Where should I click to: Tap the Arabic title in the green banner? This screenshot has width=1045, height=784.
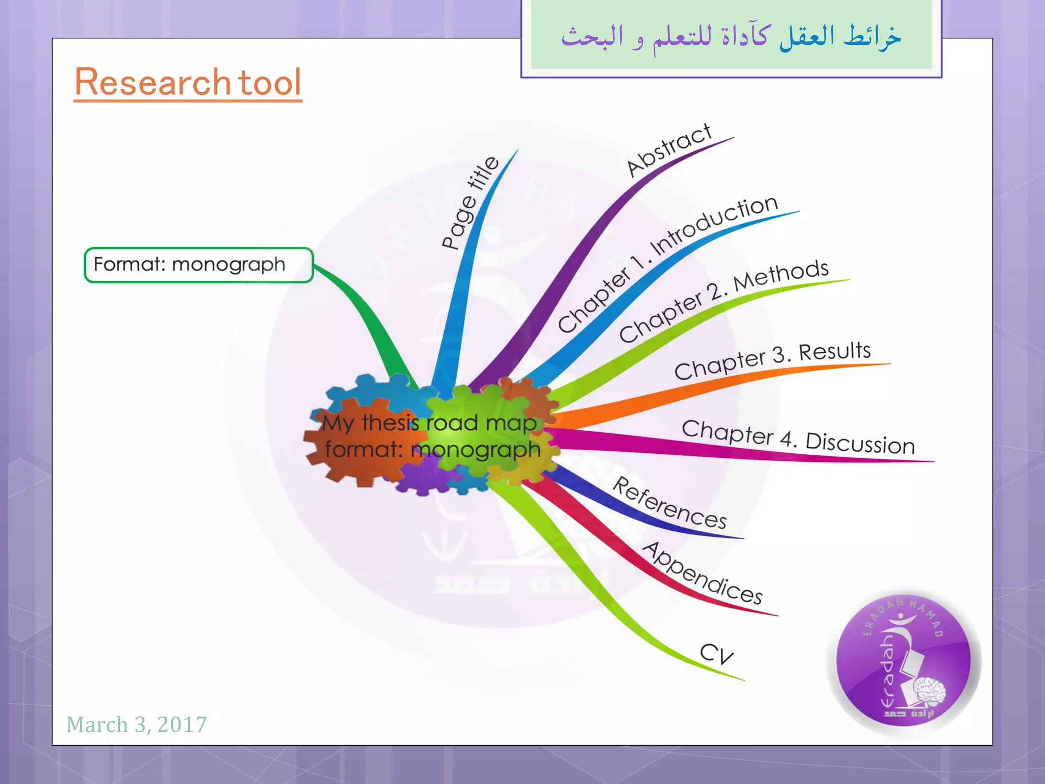[x=731, y=37]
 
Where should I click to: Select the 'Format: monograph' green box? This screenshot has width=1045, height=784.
[x=198, y=265]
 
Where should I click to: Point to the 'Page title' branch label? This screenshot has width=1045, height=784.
[x=470, y=203]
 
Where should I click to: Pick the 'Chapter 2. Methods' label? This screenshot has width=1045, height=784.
[x=724, y=301]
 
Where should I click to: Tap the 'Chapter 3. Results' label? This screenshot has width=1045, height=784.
[x=772, y=360]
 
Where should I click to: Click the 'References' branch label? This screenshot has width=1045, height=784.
[x=669, y=503]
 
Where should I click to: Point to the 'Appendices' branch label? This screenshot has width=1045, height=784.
[x=702, y=573]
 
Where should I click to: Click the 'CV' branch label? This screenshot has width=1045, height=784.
[x=716, y=653]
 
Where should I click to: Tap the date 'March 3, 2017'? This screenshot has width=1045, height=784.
[x=137, y=724]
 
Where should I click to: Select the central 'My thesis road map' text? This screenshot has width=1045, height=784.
[x=430, y=423]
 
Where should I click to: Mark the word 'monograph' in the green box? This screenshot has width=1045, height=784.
[x=229, y=265]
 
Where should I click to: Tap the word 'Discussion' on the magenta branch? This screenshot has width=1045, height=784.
[x=860, y=443]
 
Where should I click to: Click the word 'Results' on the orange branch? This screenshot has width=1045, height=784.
[x=835, y=352]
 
